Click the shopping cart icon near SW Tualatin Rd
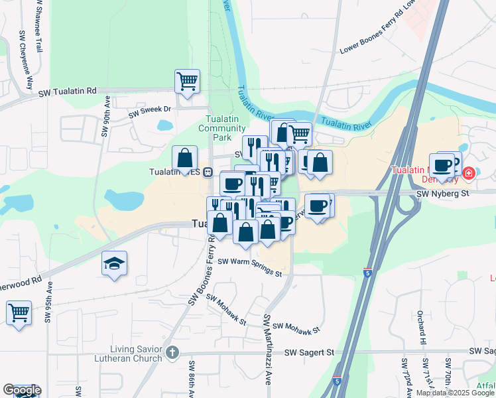tap(187, 81)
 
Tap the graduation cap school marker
tap(114, 263)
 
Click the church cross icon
tap(172, 352)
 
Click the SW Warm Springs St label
tap(249, 268)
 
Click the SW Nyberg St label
tap(442, 193)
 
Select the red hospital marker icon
tap(469, 173)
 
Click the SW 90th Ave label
tap(106, 116)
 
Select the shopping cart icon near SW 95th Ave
tap(19, 312)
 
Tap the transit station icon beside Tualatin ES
tap(208, 172)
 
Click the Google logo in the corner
tap(22, 390)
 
